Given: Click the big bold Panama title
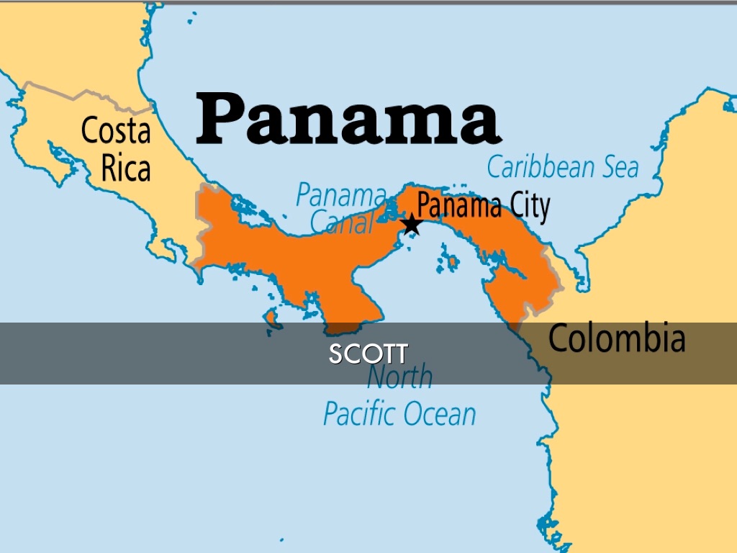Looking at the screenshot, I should (x=348, y=120).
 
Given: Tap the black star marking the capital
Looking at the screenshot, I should (x=411, y=224).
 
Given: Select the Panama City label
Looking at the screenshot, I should (x=483, y=206).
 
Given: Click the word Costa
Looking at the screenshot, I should (x=116, y=131).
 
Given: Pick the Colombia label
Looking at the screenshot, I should (x=617, y=338).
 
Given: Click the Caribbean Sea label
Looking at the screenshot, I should (x=563, y=166).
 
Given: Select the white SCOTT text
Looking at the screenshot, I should (x=368, y=354).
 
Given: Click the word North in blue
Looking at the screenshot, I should (x=400, y=377).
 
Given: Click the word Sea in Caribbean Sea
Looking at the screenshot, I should (x=616, y=166).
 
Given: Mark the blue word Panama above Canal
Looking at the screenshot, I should (x=341, y=194).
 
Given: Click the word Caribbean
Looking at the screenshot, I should (x=538, y=166).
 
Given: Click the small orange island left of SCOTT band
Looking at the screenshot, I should (x=271, y=318).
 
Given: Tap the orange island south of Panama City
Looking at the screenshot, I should (x=451, y=263).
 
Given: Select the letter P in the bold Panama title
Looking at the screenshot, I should (x=221, y=120).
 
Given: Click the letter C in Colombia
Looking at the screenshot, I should (x=559, y=338).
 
